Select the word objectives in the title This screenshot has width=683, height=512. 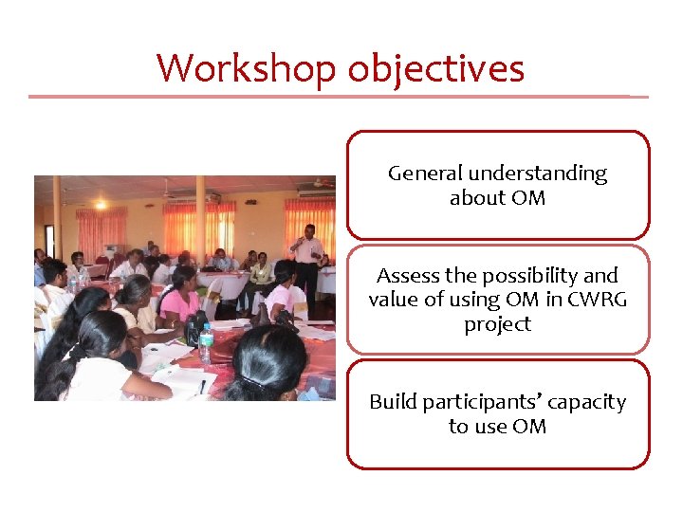click(435, 68)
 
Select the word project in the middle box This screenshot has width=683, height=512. click(497, 324)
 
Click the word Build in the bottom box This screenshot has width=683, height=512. click(392, 402)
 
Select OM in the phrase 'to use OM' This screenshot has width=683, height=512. click(529, 427)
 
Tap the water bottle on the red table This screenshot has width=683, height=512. click(206, 344)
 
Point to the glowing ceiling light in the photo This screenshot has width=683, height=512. click(100, 204)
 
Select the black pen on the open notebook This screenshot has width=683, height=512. click(202, 385)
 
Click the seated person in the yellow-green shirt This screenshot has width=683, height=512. click(259, 274)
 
